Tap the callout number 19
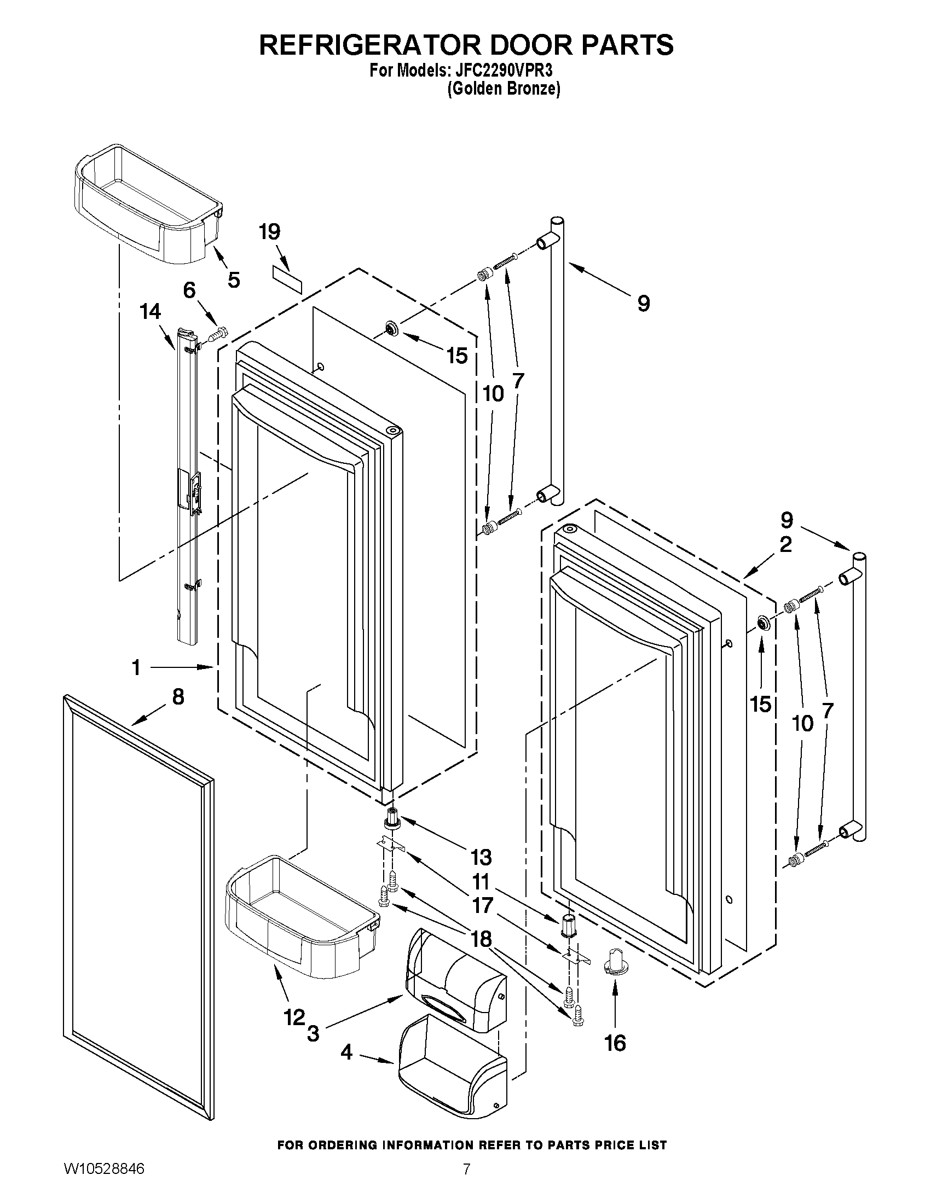click(x=269, y=232)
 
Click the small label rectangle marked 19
click(x=287, y=281)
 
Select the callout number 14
click(x=150, y=311)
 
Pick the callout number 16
click(x=615, y=1043)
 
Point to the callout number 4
click(x=346, y=1052)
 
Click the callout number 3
click(x=313, y=1033)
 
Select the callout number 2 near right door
click(x=785, y=545)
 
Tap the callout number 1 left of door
click(x=136, y=667)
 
